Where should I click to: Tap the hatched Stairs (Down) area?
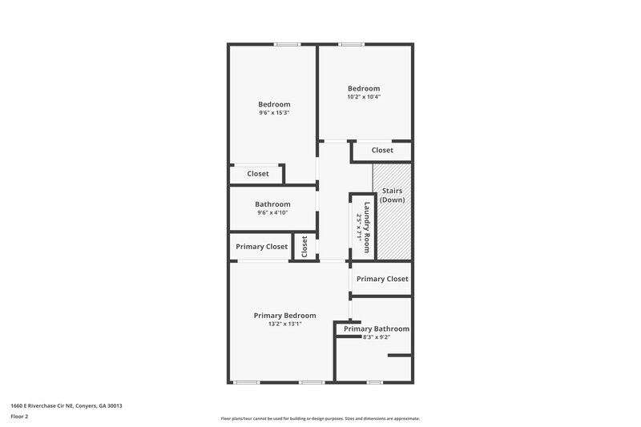point(392,228)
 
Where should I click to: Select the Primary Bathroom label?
point(377,328)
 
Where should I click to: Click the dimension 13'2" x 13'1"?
point(284,324)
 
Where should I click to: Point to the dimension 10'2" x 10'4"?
point(364,97)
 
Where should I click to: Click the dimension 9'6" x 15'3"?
point(274,113)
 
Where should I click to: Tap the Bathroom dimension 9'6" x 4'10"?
point(272,213)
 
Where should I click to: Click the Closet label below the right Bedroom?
point(382,150)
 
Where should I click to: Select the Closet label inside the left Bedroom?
point(258,174)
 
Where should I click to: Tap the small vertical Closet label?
point(304,247)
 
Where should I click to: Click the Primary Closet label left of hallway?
point(262,247)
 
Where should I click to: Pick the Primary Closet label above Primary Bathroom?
point(382,279)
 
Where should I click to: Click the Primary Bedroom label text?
point(284,316)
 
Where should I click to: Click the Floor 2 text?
point(20,417)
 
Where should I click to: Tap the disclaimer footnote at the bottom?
point(320,418)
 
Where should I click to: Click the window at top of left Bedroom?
point(287,44)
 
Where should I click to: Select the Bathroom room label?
point(272,204)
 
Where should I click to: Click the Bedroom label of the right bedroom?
point(364,88)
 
